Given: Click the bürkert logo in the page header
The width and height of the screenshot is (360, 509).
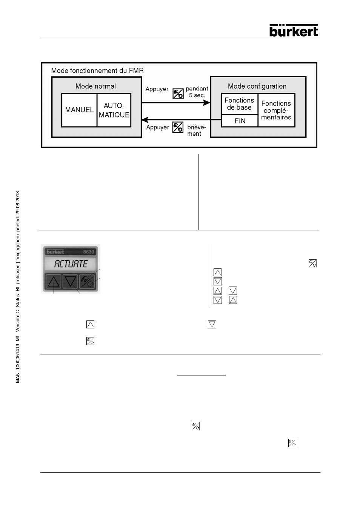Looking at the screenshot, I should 294,30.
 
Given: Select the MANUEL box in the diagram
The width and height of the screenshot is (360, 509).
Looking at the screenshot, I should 79,110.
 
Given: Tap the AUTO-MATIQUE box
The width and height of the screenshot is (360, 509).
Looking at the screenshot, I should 114,110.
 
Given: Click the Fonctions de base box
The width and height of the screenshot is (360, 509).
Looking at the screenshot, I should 239,104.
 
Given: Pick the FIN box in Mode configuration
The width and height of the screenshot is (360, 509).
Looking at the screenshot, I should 240,121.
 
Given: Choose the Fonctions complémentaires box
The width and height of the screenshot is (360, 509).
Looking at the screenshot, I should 276,110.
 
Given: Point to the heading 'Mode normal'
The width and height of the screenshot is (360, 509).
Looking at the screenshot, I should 95,86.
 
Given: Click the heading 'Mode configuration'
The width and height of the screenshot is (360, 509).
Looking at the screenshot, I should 257,86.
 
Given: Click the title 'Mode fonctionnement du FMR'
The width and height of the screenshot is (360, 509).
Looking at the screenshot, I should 97,71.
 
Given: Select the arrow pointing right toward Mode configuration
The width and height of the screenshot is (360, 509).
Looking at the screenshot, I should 175,102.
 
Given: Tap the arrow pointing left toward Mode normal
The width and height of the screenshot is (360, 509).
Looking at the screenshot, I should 175,120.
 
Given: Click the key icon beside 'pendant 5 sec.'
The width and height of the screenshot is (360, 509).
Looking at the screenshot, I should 178,93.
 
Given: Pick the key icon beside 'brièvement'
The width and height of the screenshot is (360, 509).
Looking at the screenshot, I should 178,127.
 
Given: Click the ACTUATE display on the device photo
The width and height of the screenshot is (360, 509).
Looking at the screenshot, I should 71,264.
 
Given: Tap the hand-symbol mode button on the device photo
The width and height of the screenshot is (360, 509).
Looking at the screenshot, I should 87,281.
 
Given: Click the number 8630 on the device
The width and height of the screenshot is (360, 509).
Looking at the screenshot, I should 89,252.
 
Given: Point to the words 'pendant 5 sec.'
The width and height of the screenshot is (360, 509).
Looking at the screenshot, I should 197,92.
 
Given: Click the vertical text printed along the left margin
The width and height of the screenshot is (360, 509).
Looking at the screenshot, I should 17,287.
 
